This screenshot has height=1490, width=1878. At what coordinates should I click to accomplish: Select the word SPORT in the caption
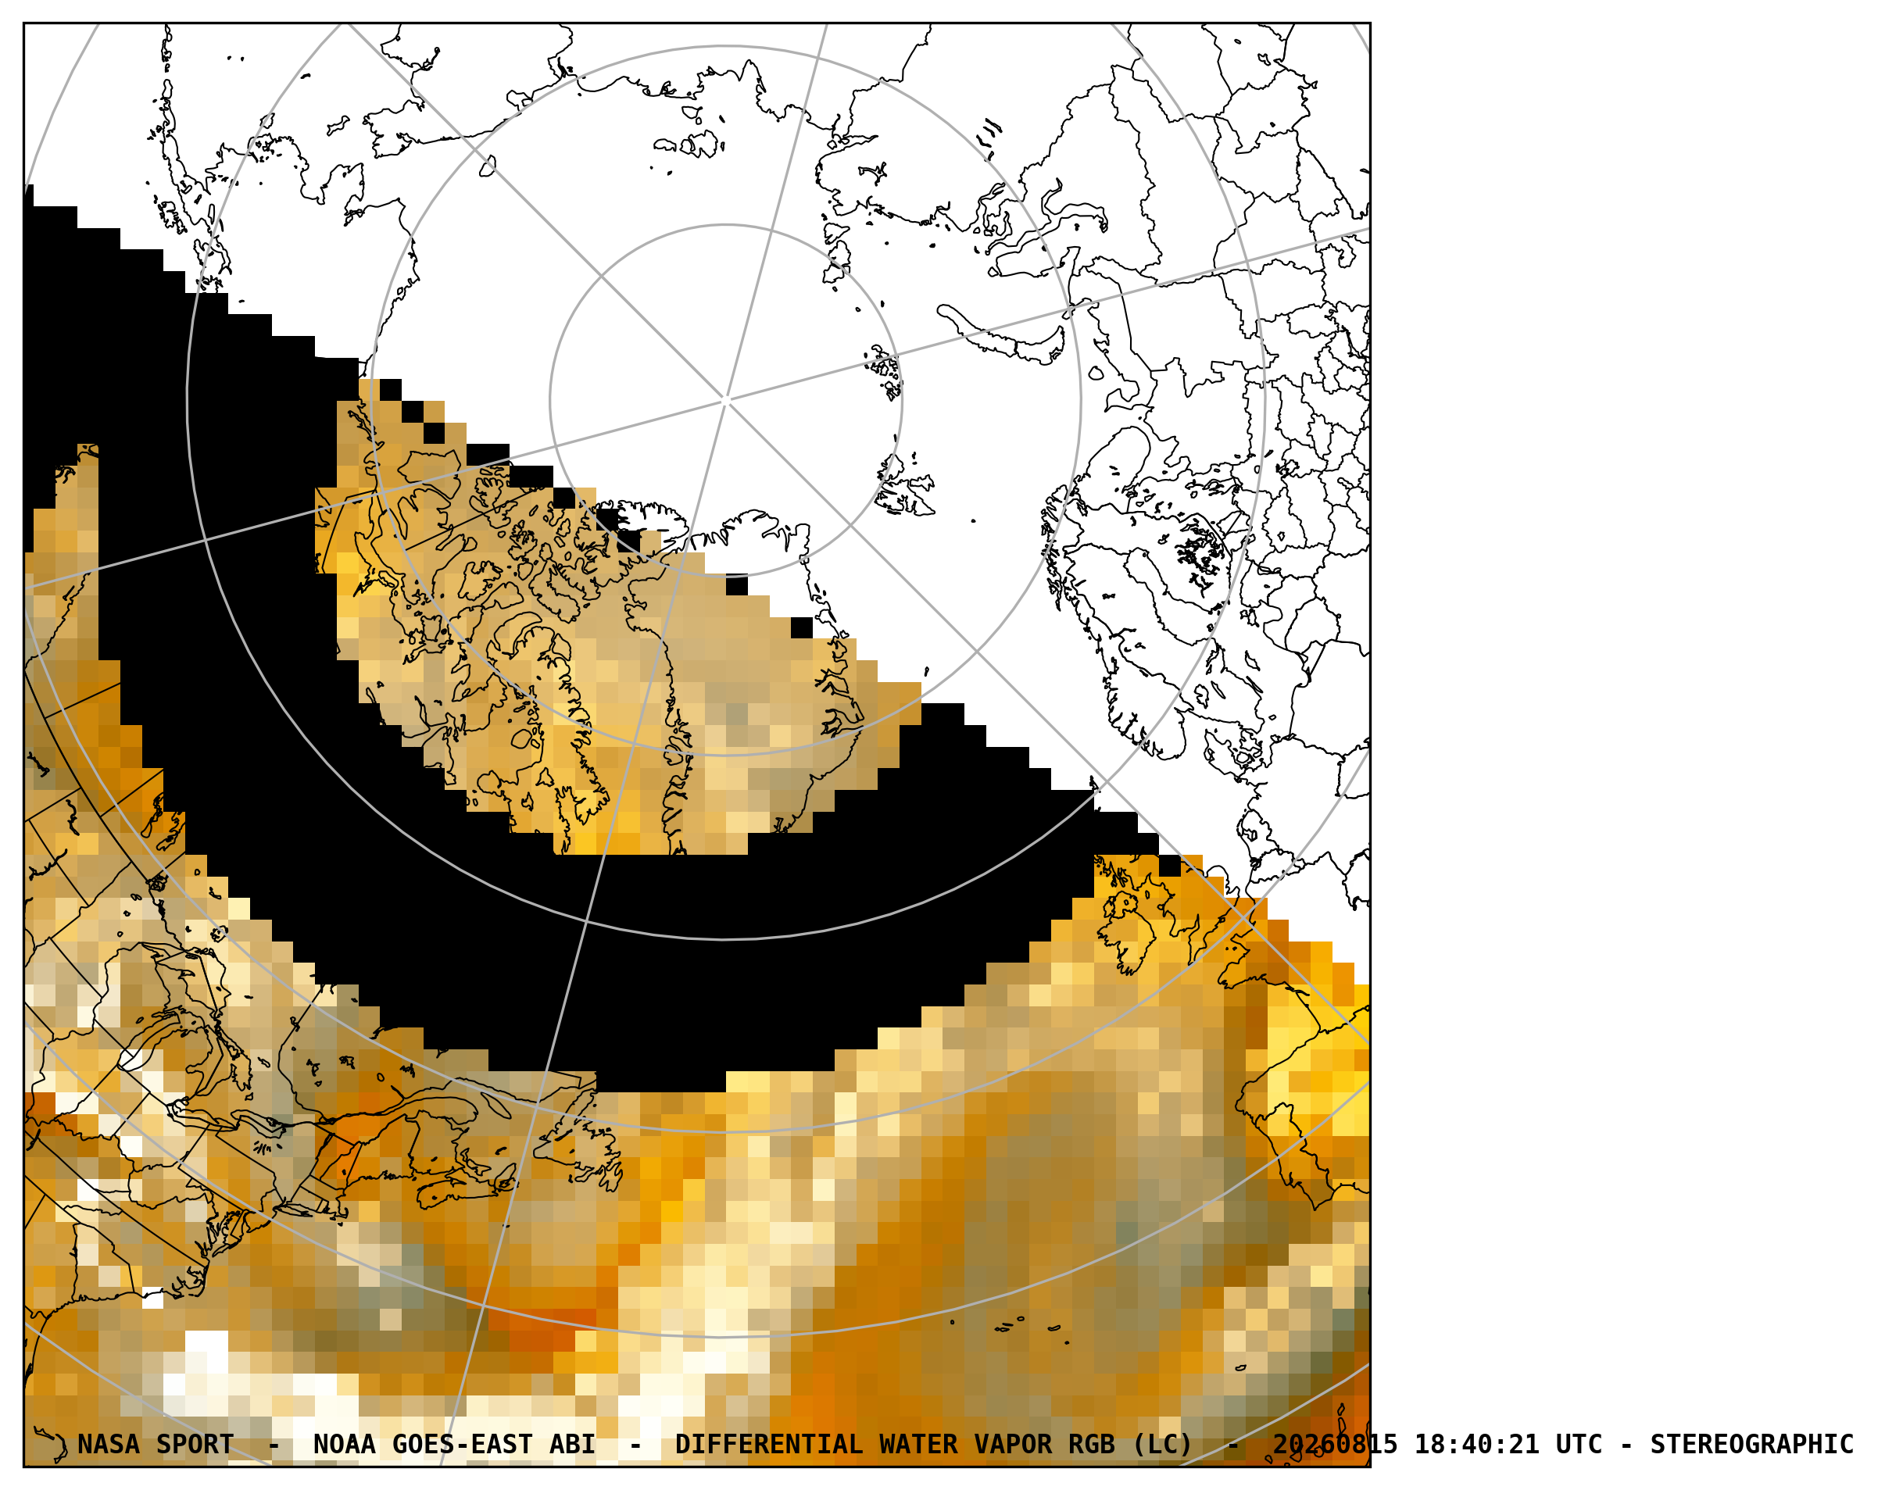point(195,1444)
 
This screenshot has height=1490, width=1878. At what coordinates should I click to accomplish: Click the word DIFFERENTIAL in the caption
point(769,1444)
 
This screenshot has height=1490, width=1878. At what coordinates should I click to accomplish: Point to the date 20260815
point(1336,1444)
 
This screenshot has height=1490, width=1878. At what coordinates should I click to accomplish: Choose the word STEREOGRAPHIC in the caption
point(1751,1444)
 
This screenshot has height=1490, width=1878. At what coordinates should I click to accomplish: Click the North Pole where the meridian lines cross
point(725,401)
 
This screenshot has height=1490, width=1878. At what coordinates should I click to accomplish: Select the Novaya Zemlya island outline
point(1002,334)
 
